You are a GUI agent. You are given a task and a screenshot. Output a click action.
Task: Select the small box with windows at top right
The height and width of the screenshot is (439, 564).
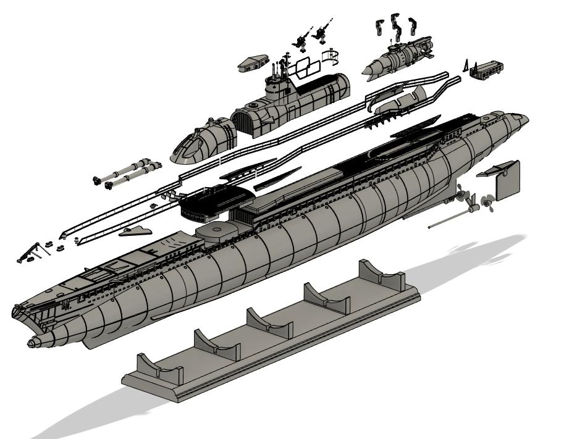[x=485, y=68]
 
